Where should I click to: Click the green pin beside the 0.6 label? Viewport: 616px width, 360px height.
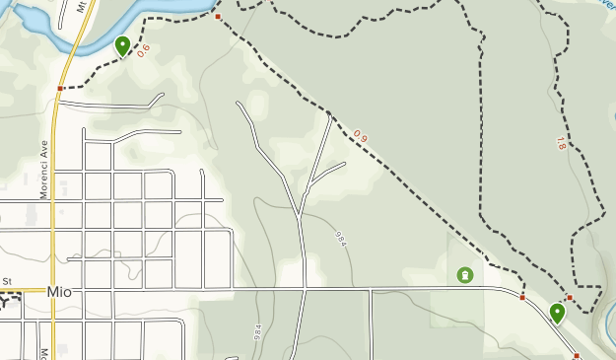point(122,45)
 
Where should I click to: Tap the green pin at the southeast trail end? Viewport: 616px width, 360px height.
point(557,314)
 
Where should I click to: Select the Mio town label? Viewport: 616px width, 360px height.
point(59,292)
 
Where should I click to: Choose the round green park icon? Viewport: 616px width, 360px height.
point(464,275)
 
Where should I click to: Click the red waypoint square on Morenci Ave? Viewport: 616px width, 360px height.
point(60,88)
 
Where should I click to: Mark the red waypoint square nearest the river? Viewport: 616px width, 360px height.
point(218,17)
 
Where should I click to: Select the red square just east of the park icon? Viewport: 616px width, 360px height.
point(522,297)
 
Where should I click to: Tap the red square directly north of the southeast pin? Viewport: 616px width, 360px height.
point(569,298)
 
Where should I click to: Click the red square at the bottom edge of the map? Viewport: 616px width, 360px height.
point(577,355)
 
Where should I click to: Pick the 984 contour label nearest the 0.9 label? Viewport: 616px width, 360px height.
point(341,238)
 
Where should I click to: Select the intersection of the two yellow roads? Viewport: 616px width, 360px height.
point(51,291)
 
